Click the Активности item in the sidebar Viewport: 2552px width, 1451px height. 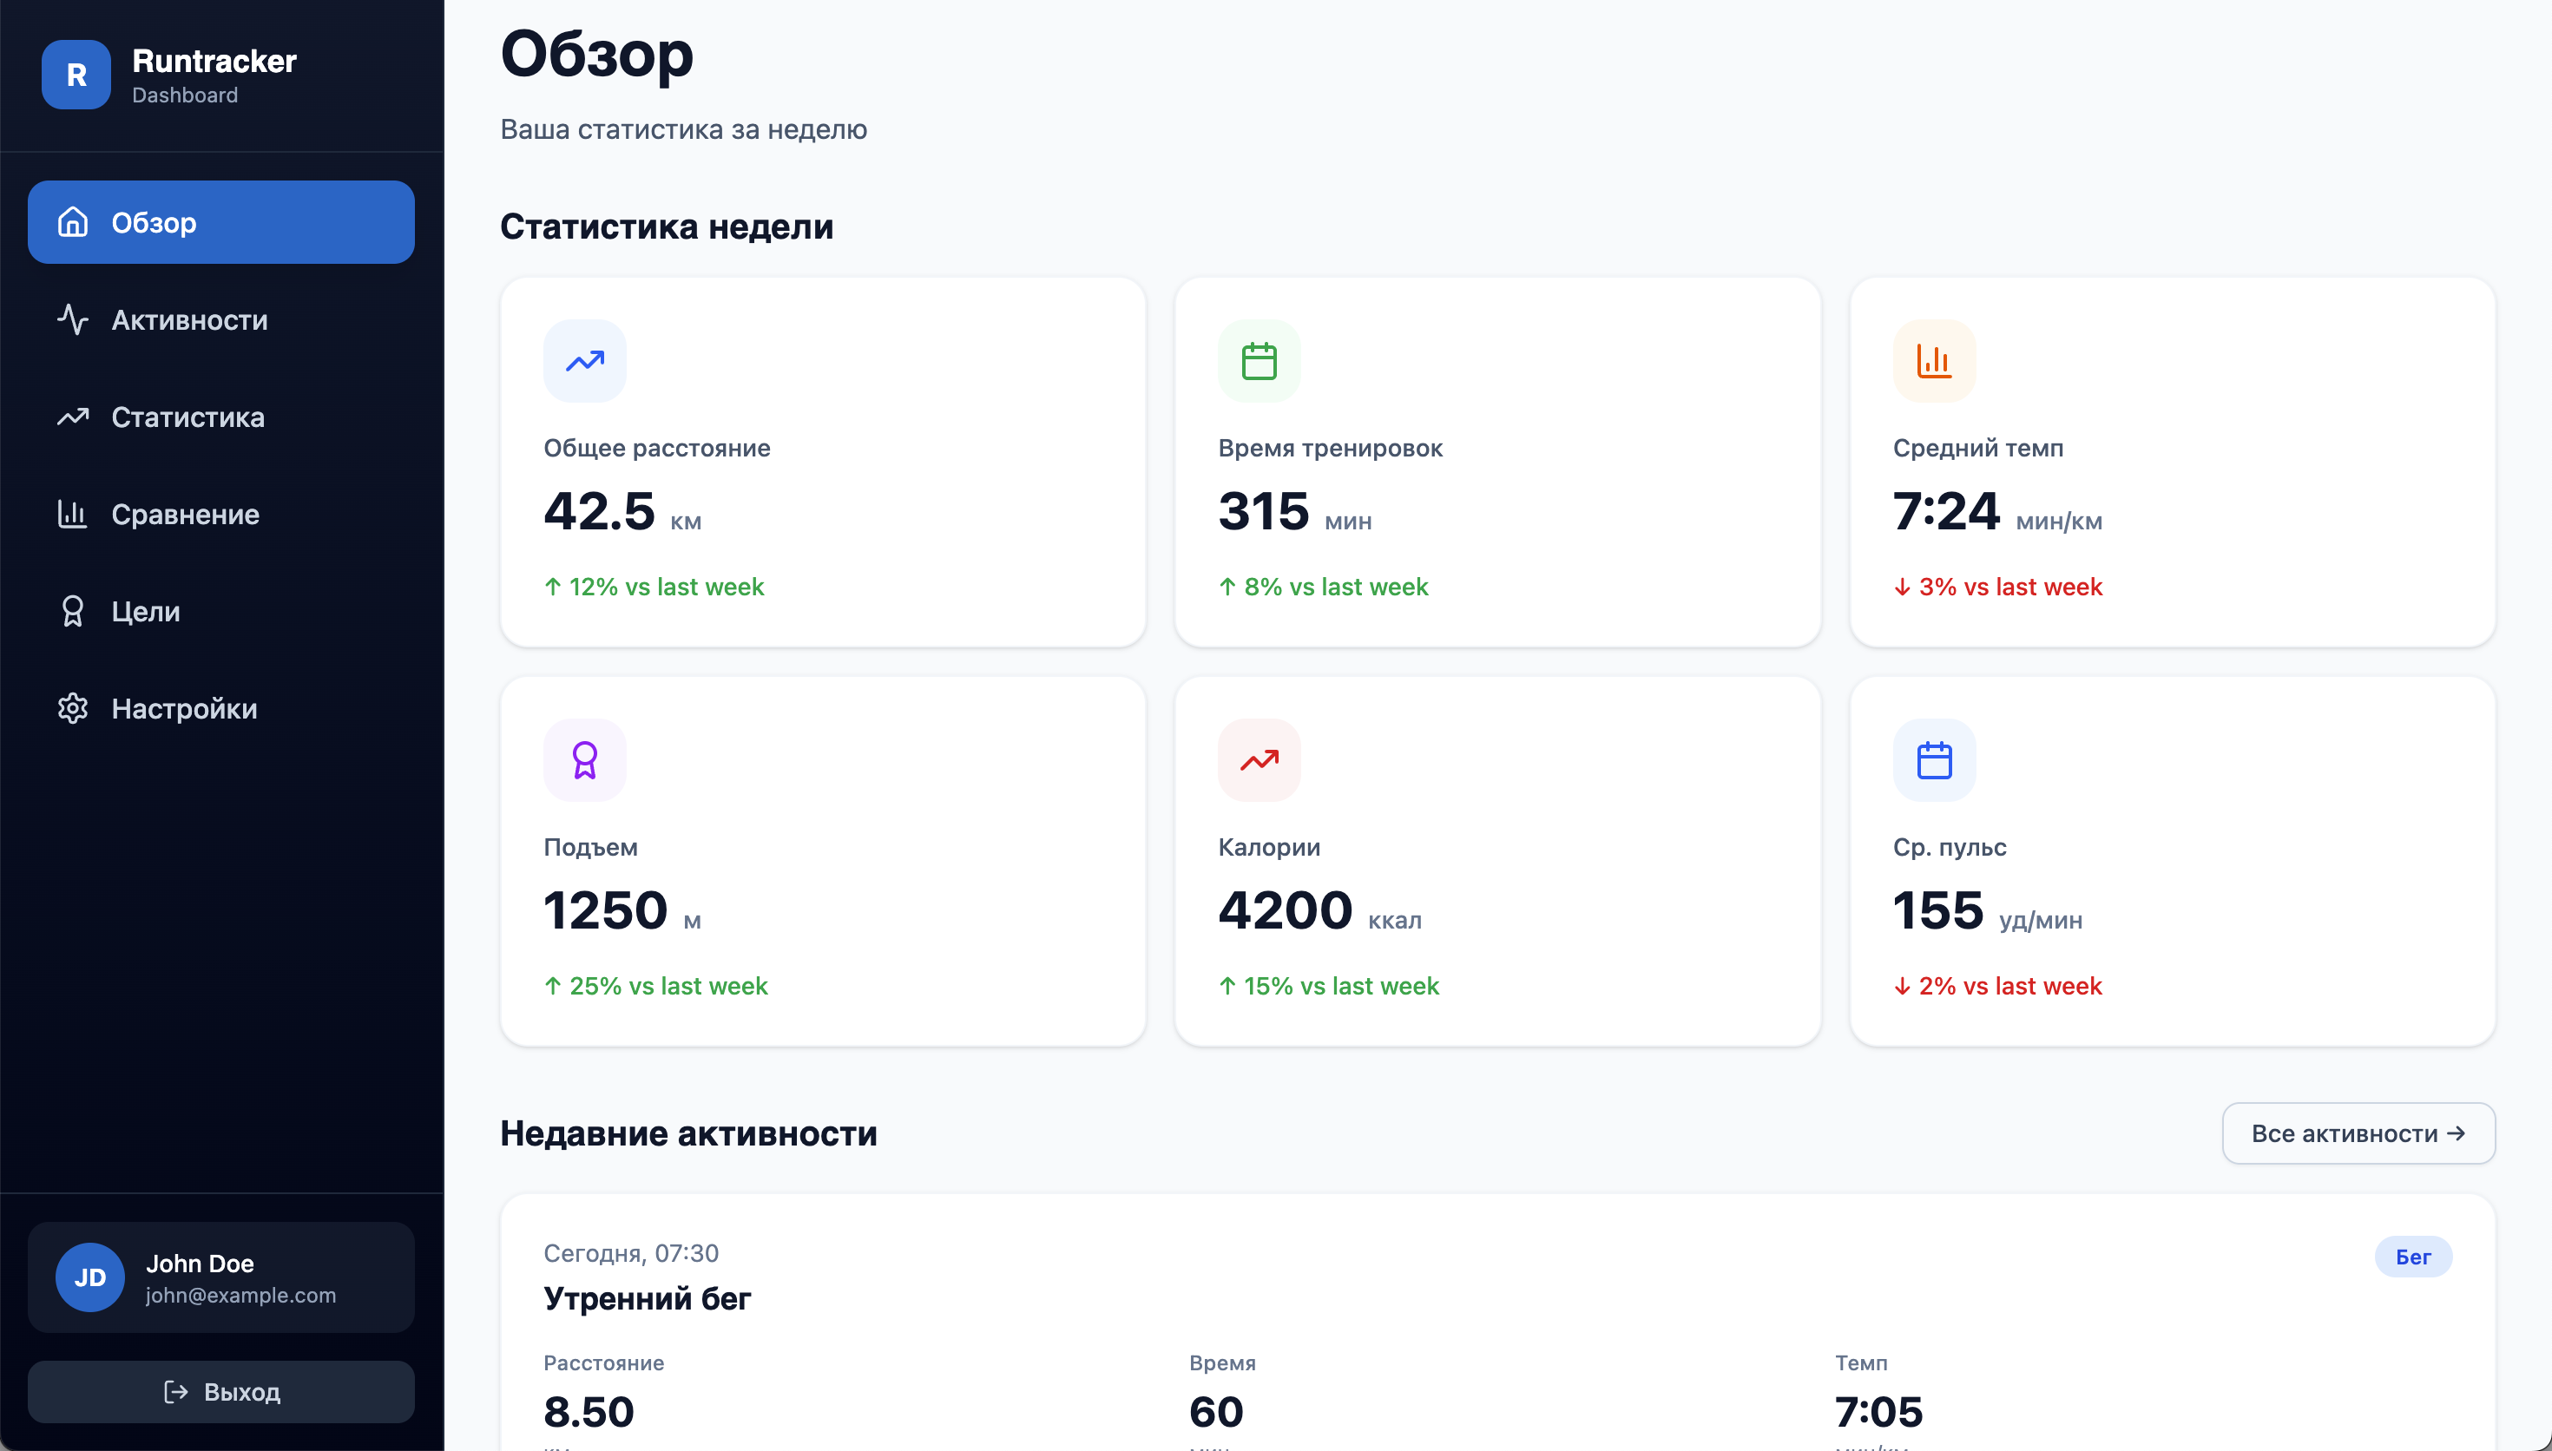pos(189,320)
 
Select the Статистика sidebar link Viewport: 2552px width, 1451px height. pos(187,417)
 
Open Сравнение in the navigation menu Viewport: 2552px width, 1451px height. pos(186,515)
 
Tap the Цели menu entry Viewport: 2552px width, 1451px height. pos(146,611)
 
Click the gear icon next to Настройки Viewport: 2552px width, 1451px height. pos(73,708)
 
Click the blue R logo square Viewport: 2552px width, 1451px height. pos(76,75)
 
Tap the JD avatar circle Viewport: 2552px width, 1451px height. pos(89,1277)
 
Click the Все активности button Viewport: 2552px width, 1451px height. pos(2358,1133)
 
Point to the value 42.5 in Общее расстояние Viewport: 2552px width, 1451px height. pos(599,511)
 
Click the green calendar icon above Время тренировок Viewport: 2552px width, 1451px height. pos(1259,361)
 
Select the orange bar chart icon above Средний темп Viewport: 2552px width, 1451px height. pos(1933,361)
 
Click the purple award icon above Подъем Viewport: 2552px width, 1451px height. pos(585,760)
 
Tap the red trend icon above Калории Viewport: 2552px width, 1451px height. pos(1259,760)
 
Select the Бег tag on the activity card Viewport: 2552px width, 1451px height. pos(2412,1257)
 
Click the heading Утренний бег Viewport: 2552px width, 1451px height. pos(647,1298)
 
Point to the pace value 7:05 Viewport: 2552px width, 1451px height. pos(1878,1411)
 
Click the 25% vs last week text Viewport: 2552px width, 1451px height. pos(668,986)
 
